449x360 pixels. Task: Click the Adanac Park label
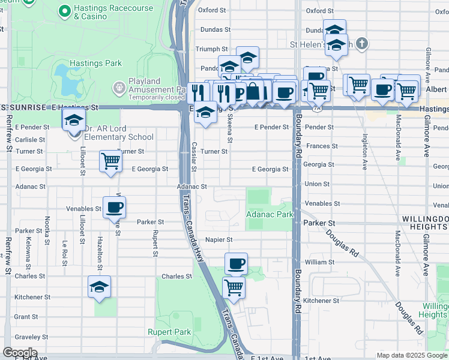[x=269, y=214]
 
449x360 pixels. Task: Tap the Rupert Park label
[x=169, y=332]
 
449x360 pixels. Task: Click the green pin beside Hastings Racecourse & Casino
[x=64, y=11]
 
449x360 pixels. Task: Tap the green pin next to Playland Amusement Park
[x=119, y=88]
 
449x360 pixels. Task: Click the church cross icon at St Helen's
[x=360, y=44]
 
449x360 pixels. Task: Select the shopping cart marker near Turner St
[x=110, y=161]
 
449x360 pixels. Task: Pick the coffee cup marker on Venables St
[x=114, y=208]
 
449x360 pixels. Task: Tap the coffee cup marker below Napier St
[x=236, y=263]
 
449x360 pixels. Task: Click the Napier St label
[x=218, y=239]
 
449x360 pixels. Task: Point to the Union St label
[x=317, y=184]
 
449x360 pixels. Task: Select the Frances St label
[x=319, y=146]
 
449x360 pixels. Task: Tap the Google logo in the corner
[x=19, y=353]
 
